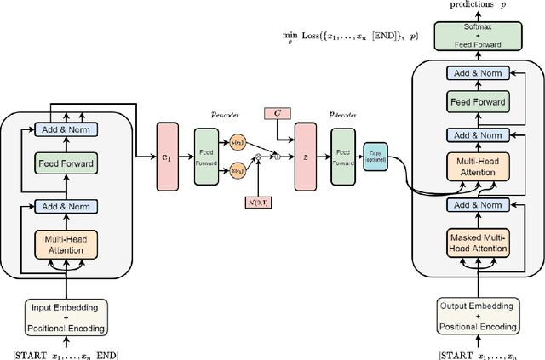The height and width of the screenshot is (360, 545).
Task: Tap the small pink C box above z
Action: [x=276, y=113]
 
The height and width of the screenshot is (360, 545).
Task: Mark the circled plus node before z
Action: [x=276, y=156]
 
